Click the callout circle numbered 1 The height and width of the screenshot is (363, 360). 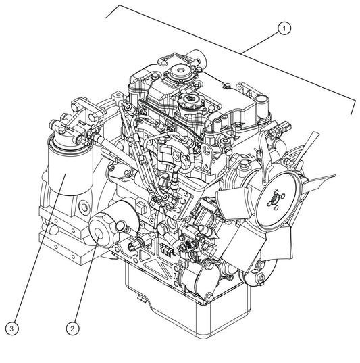point(285,28)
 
